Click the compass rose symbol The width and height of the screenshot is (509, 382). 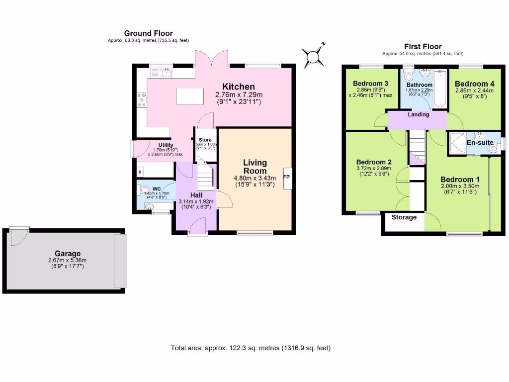point(314,56)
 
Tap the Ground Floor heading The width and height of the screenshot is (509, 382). point(149,33)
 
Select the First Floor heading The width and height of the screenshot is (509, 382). point(423,46)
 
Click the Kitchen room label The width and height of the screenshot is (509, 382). point(239,87)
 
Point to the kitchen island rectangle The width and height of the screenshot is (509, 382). point(190,96)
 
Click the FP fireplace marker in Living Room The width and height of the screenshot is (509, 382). point(286,177)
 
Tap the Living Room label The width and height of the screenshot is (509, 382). point(255,167)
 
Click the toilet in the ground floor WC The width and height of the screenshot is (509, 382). point(144,190)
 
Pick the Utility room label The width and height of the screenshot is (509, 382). point(152,145)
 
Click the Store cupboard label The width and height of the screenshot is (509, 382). point(205,140)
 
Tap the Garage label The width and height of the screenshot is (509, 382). point(68,253)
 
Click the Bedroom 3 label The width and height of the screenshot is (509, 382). point(370,83)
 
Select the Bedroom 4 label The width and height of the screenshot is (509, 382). point(474,84)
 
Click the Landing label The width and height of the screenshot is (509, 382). point(419,114)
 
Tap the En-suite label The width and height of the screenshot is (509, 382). point(480,143)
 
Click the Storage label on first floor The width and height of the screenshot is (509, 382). point(404,217)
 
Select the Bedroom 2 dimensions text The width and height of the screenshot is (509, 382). point(374,171)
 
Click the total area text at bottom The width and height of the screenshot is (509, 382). point(250,348)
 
